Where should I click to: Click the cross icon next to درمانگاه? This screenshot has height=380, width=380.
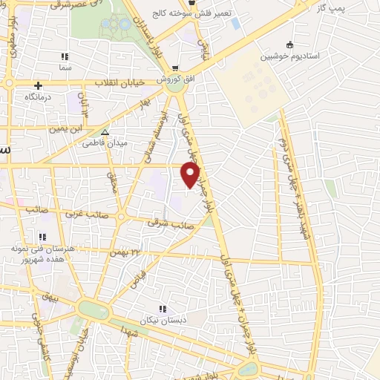click(37, 85)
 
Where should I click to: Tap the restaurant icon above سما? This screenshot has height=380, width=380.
click(65, 56)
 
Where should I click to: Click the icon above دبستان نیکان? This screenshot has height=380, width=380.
click(162, 309)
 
